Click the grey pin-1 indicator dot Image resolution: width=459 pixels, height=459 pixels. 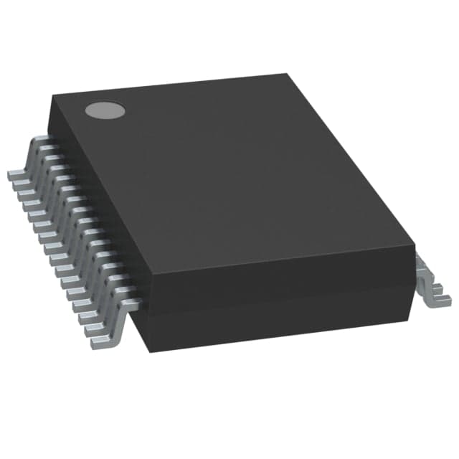(x=105, y=110)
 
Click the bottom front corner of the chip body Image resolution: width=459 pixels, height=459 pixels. (x=146, y=351)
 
